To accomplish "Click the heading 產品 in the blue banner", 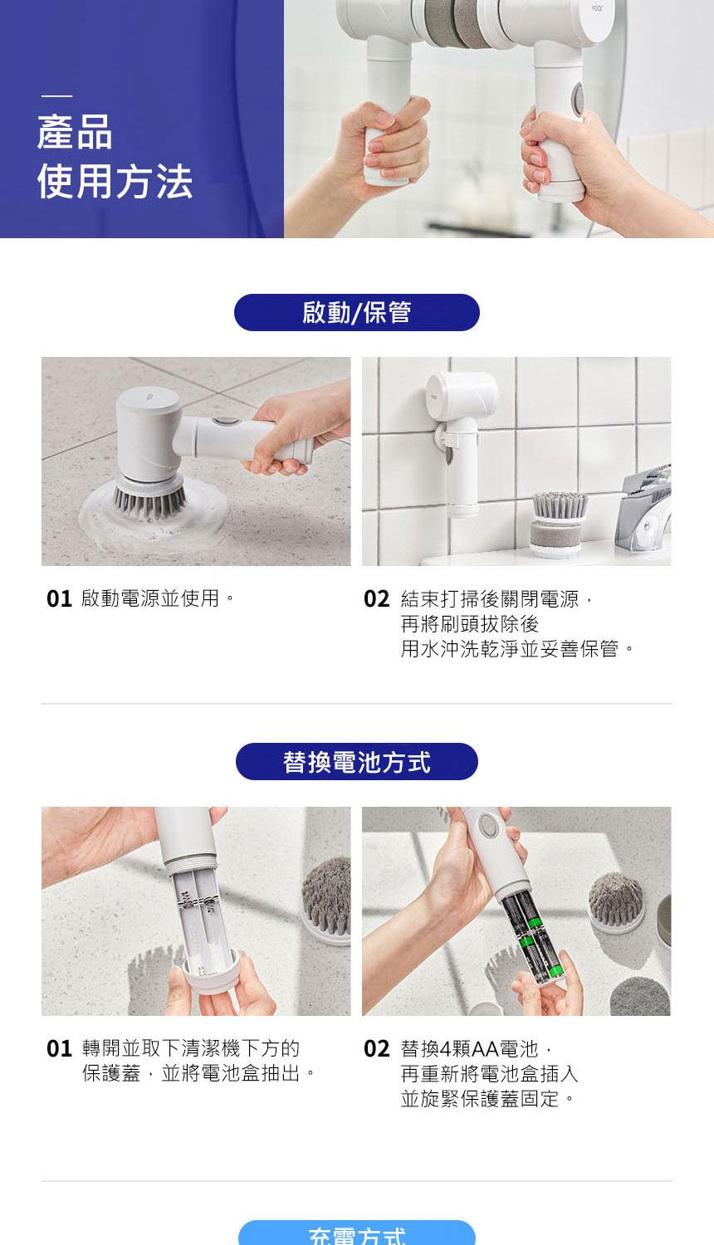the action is (75, 132).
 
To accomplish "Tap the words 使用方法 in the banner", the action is (115, 181).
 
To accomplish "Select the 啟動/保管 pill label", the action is (356, 312).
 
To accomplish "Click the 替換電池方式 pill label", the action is (356, 761).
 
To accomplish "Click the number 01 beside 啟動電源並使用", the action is (60, 599).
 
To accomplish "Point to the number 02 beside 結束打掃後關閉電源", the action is (376, 599).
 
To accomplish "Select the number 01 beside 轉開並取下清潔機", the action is (60, 1049).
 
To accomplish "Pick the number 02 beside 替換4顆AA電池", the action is (376, 1049).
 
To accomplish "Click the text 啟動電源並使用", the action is (150, 598).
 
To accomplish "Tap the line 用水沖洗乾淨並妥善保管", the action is (510, 648).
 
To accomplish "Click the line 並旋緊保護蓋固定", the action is (480, 1099).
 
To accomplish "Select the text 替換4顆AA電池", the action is (470, 1049).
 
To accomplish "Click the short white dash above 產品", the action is (56, 96).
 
